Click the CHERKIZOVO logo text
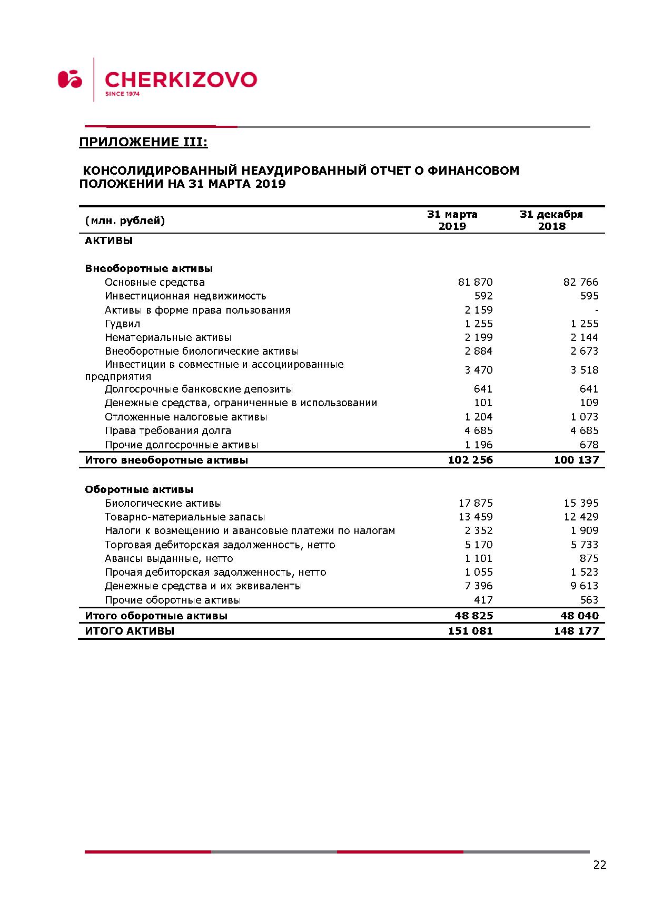[181, 80]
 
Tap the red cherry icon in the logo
[70, 79]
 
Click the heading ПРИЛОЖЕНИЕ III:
[143, 142]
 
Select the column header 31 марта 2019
[452, 220]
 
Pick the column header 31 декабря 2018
[551, 220]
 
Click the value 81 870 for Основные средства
[476, 282]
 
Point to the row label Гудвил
[123, 324]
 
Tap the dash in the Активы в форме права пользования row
[597, 310]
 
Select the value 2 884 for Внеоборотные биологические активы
[479, 351]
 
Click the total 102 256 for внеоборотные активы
[470, 460]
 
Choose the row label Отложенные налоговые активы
[186, 417]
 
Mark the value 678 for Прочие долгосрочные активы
[589, 445]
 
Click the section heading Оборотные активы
[139, 489]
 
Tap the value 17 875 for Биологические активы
[476, 503]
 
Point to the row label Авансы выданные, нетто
[169, 558]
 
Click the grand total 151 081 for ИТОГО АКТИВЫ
[470, 631]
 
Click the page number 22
[600, 865]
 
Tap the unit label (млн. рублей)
[125, 220]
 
